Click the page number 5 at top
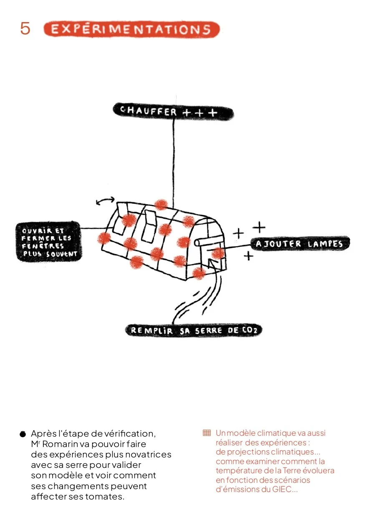[25, 28]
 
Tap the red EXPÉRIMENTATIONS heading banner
[131, 30]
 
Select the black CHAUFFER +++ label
[172, 112]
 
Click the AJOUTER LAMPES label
[299, 244]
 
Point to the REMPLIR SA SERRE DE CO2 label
[194, 330]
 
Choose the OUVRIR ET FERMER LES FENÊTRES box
[48, 242]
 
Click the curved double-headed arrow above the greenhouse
[105, 202]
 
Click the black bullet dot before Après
[23, 434]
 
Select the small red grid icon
[207, 433]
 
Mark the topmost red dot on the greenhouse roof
[161, 205]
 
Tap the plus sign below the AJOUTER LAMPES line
[249, 256]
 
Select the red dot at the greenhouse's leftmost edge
[104, 238]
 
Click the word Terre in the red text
[292, 471]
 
